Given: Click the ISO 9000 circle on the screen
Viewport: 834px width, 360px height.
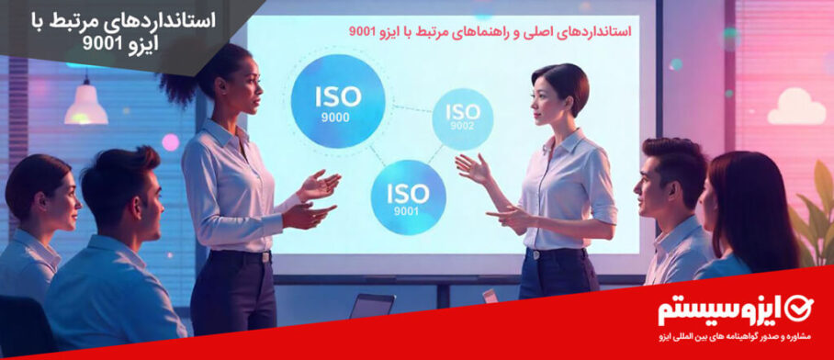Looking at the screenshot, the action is (x=338, y=101).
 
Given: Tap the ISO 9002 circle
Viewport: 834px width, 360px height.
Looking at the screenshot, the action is (x=462, y=118).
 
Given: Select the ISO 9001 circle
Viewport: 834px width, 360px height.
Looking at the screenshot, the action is (x=408, y=197).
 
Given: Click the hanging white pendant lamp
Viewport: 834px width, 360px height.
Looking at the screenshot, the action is (x=86, y=104).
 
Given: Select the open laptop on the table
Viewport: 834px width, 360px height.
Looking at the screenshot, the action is (x=372, y=306).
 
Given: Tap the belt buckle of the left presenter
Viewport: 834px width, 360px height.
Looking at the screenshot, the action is (x=265, y=257).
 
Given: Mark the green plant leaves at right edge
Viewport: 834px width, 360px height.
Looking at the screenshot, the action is (x=813, y=213).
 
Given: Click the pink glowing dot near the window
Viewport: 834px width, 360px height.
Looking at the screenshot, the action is (x=170, y=142).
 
